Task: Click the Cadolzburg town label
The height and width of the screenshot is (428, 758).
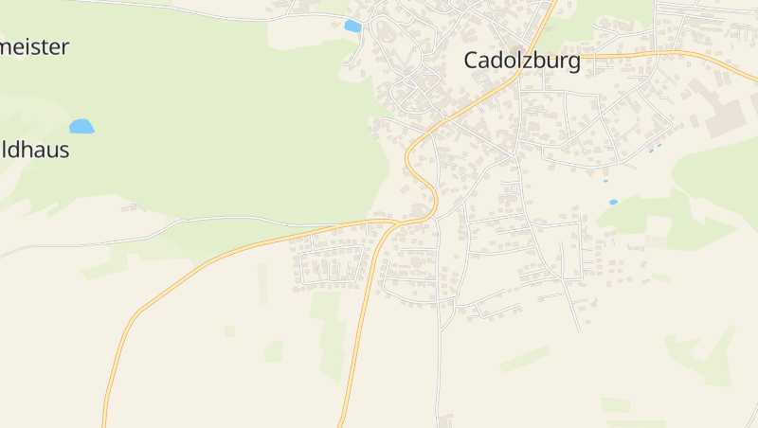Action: (x=521, y=61)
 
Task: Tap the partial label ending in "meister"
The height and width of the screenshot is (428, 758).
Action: (x=34, y=47)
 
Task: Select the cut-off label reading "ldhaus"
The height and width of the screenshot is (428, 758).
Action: (x=34, y=150)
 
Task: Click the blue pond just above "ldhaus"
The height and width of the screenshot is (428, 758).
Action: (x=81, y=126)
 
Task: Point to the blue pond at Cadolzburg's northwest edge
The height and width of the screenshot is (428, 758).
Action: (x=352, y=27)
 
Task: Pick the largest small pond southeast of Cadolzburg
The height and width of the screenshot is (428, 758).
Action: (x=613, y=202)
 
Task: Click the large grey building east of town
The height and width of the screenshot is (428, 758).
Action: (x=726, y=118)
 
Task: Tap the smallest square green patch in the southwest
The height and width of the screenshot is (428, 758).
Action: (x=229, y=331)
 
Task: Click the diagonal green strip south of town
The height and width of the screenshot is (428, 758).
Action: (x=525, y=359)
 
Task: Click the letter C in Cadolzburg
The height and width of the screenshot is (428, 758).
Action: (x=471, y=61)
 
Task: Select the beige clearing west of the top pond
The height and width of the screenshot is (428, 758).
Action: (x=303, y=30)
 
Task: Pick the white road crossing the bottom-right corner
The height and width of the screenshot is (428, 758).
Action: (x=751, y=417)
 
